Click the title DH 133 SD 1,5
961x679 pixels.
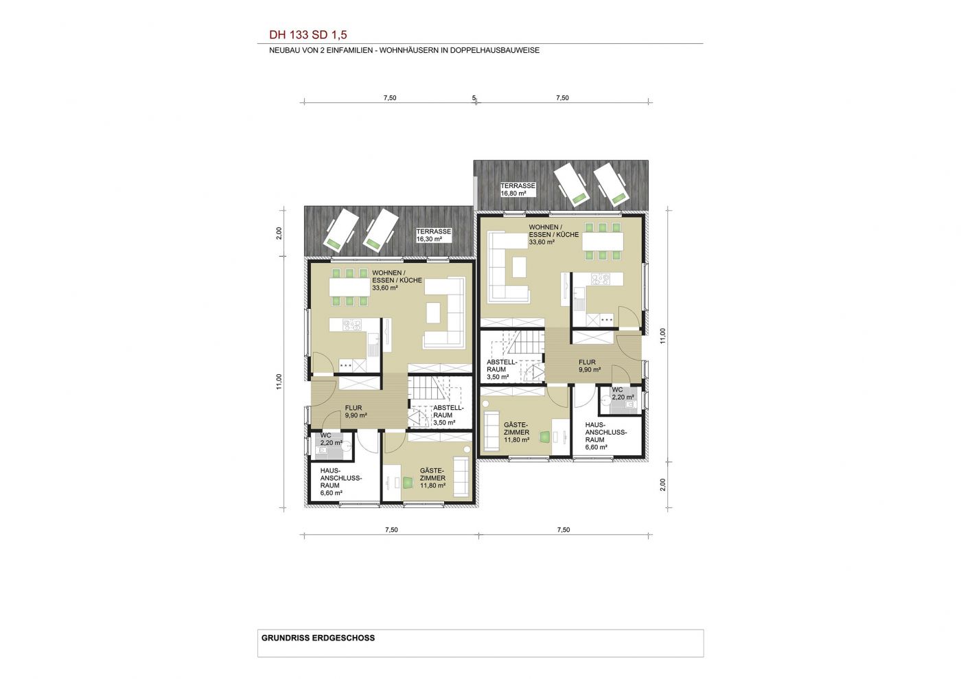click(308, 35)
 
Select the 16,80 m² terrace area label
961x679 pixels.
click(513, 194)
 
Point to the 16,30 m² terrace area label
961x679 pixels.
click(429, 239)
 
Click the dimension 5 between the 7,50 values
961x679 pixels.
click(474, 98)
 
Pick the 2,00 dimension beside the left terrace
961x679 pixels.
click(279, 233)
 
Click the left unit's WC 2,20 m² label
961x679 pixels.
click(331, 439)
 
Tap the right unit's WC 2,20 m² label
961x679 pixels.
click(623, 393)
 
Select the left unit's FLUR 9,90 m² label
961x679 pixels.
click(356, 412)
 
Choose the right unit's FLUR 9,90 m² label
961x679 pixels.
click(590, 366)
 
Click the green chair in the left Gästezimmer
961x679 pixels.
click(406, 483)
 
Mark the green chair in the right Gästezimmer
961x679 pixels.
click(545, 437)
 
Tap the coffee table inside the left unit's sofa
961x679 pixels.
click(433, 313)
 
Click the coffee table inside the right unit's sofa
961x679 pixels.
click(520, 267)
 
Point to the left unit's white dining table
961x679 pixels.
click(349, 287)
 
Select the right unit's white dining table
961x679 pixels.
click(603, 241)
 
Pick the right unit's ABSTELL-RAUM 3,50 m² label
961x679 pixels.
click(502, 369)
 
